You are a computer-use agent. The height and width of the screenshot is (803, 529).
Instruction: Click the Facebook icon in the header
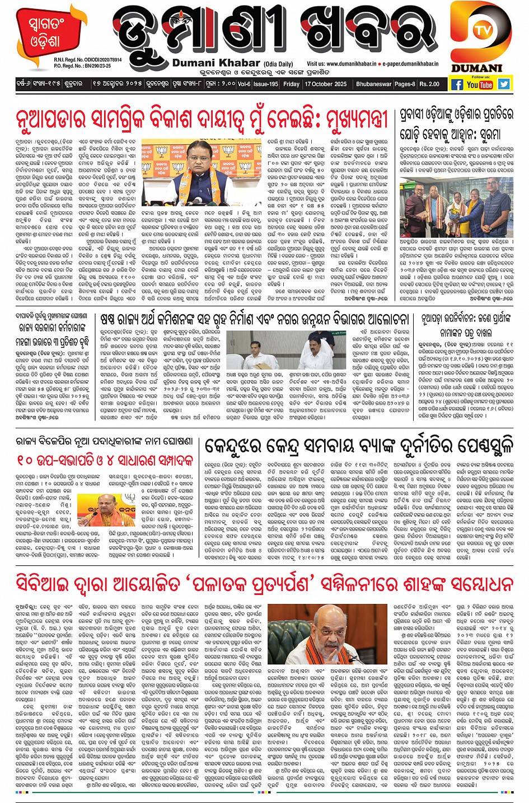click(457, 84)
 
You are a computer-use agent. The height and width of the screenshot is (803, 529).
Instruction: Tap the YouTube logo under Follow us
click(480, 84)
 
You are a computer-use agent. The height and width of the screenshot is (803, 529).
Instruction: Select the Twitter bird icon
click(504, 84)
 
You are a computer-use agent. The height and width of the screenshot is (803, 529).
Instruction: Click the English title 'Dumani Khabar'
click(216, 63)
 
